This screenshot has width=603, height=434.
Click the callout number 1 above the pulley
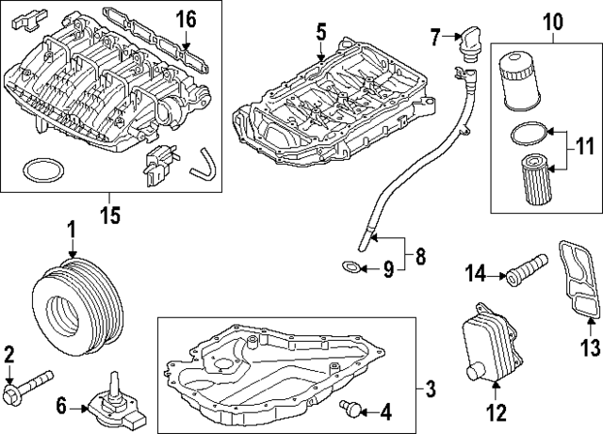pyautogui.click(x=71, y=229)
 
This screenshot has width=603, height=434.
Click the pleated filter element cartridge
pyautogui.click(x=532, y=180)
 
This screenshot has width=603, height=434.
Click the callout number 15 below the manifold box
pyautogui.click(x=110, y=216)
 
